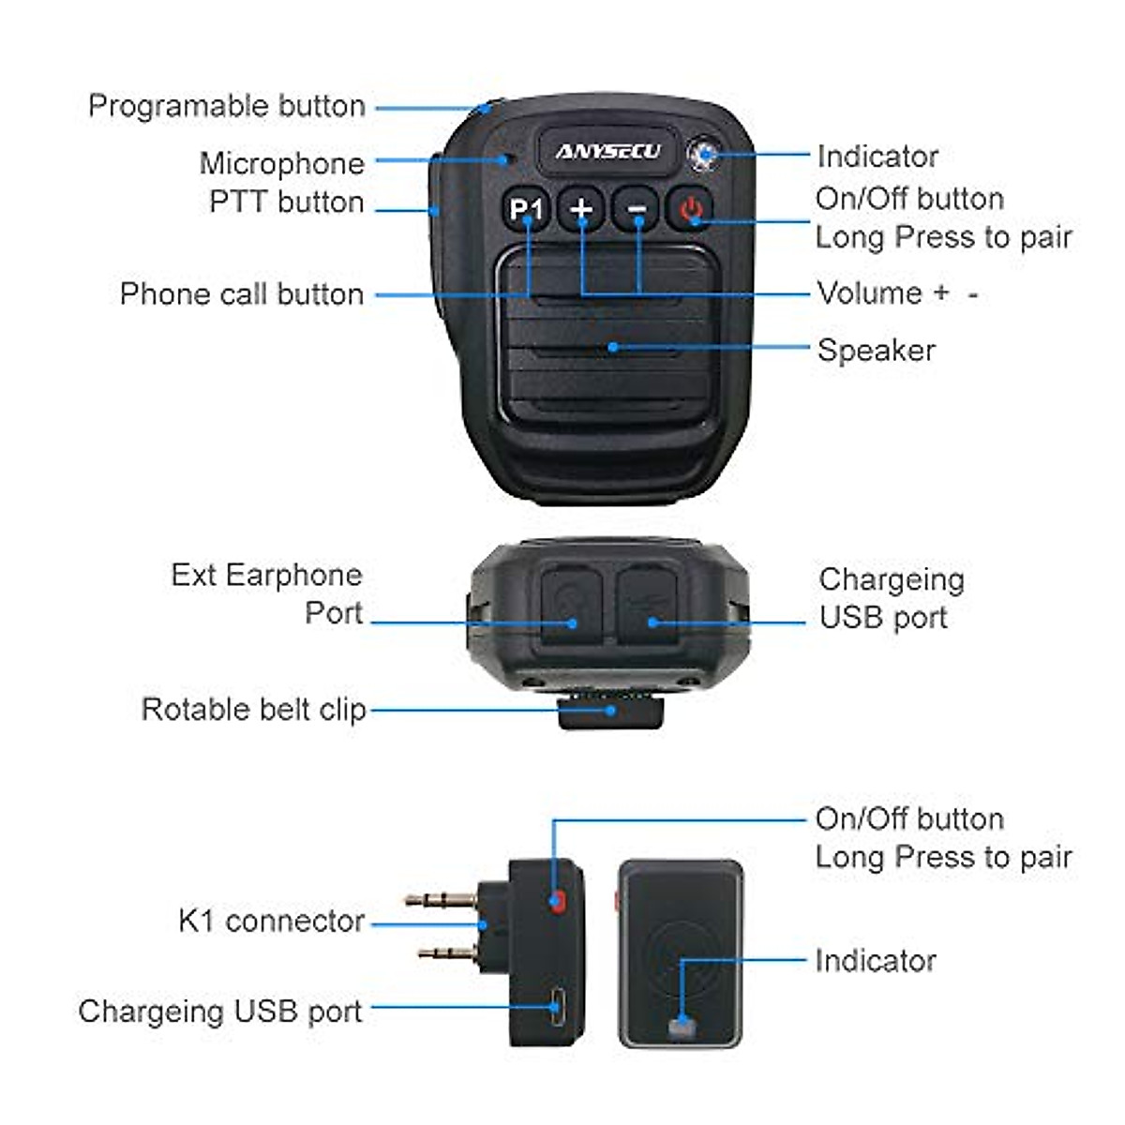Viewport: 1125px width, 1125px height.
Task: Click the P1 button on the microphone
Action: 526,208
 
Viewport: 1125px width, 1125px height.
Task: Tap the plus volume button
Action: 581,208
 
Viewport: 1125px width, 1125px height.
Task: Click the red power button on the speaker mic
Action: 692,208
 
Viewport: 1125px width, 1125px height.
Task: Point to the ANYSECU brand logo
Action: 607,151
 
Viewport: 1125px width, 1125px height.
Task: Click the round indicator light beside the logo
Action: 703,155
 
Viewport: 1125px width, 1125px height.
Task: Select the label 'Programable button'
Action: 226,106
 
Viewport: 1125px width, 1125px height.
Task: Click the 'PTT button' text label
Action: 286,202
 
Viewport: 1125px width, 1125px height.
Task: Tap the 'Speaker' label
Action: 876,350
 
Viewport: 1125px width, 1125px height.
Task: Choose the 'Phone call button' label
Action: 241,293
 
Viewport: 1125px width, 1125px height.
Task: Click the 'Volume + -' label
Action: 897,293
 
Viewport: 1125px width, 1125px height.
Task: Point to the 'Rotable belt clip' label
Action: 253,709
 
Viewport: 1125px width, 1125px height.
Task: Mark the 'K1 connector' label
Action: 271,921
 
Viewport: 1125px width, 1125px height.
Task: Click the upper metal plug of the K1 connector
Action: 441,901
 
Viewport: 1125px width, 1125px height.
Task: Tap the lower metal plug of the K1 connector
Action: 448,954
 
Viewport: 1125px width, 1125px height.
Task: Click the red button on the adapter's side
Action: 558,902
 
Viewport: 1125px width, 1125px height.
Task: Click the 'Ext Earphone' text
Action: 266,575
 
